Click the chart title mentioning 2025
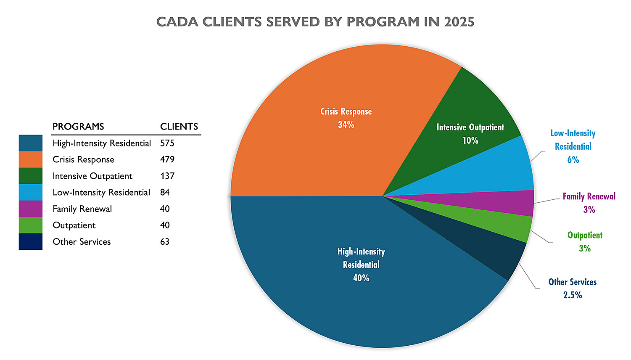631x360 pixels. coord(315,22)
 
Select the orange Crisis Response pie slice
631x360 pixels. coord(319,143)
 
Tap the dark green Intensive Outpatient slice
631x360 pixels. coord(467,109)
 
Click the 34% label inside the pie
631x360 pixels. coord(346,125)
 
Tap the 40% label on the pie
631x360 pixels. coord(361,278)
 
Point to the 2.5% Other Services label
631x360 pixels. coord(573,295)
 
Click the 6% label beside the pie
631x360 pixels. coord(573,160)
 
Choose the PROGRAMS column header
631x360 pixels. coord(78,127)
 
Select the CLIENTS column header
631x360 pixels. coord(179,127)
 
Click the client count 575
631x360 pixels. coord(167,143)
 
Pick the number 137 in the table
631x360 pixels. coord(167,176)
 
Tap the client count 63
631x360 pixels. coord(165,242)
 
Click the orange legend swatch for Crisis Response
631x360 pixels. coord(31,160)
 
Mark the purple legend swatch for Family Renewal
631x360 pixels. coord(31,209)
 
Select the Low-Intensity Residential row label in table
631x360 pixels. coord(101,193)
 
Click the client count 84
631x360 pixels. coord(165,193)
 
